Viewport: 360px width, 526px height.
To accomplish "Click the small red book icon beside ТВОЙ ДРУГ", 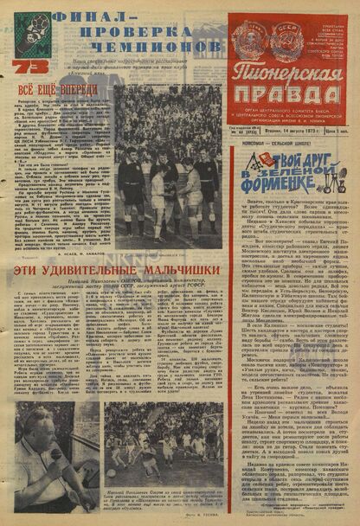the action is coord(248,162).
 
